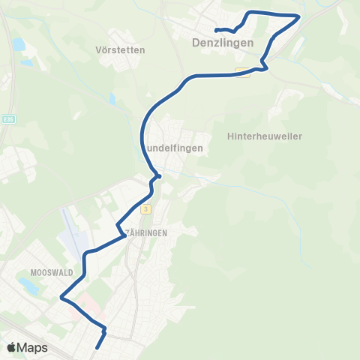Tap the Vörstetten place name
pos(120,49)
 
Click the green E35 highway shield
pos(7,117)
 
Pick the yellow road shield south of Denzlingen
pos(242,72)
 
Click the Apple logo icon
pos(13,347)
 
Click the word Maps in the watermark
pos(33,348)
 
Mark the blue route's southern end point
pos(98,348)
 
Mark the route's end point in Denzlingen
pos(216,30)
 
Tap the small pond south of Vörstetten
pos(112,98)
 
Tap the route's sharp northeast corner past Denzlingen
pos(298,16)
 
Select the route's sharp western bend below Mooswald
pos(61,298)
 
